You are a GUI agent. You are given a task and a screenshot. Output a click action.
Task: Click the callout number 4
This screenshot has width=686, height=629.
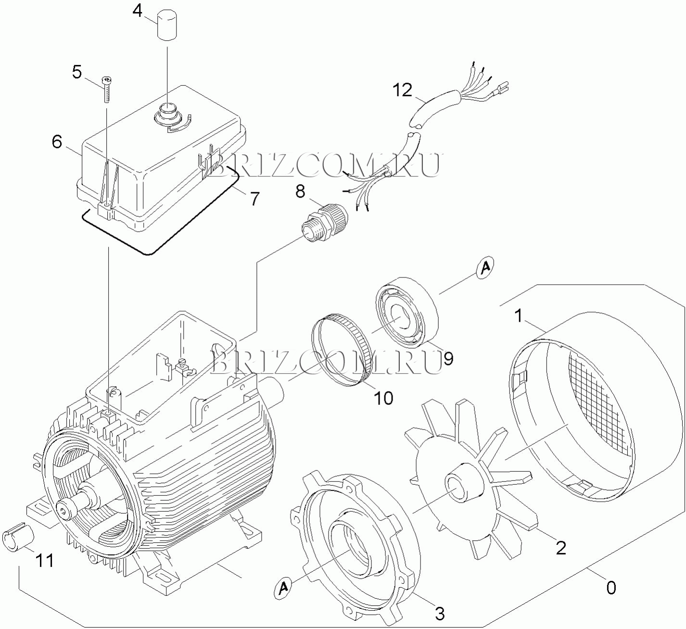138,12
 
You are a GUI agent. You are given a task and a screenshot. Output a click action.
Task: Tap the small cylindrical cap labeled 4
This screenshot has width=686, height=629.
167,25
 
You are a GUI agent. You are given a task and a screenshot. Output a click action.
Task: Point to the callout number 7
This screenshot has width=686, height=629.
254,199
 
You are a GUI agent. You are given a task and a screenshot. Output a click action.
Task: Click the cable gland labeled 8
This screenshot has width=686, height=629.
323,222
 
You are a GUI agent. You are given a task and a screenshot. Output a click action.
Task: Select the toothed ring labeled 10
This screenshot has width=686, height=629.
340,351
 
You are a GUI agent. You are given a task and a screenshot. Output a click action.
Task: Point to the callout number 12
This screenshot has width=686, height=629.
403,90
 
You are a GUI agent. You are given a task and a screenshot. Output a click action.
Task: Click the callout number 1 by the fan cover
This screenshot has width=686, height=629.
519,316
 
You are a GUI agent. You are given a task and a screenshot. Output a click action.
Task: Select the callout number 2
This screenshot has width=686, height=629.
561,548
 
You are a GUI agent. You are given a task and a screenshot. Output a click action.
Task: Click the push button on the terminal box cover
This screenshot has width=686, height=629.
167,113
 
